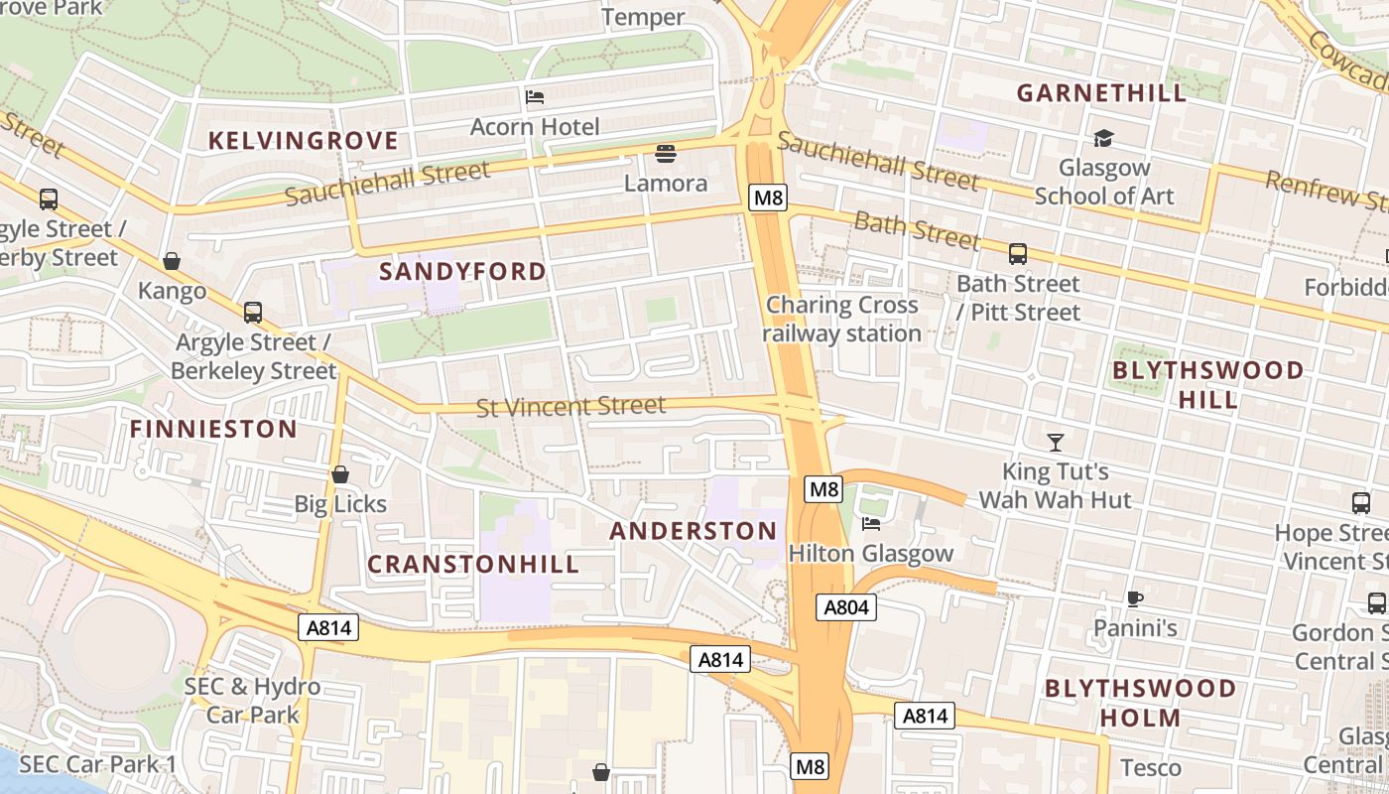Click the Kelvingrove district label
(303, 141)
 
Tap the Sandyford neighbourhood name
(462, 271)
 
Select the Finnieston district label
(213, 429)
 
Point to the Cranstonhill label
(473, 564)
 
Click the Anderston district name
(694, 531)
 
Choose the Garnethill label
(1101, 93)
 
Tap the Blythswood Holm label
(1140, 703)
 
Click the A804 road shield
(846, 606)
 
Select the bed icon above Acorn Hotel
(535, 97)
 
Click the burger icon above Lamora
(666, 154)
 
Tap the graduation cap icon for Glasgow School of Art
(1103, 139)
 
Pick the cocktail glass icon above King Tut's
(1055, 442)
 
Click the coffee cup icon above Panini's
(1135, 598)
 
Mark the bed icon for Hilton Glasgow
(871, 524)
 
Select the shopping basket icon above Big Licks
(340, 474)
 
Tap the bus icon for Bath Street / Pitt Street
(1018, 254)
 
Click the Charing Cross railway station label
(842, 319)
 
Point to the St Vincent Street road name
(570, 406)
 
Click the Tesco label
(1151, 767)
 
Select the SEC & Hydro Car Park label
(252, 700)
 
